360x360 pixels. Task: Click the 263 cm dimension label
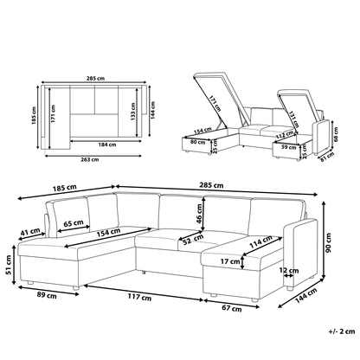click(90, 159)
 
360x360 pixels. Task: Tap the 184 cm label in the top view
click(107, 145)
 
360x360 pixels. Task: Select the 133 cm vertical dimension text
click(132, 112)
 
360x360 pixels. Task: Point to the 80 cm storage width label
click(197, 142)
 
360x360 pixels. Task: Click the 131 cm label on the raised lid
click(294, 119)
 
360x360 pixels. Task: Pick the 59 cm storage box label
click(288, 147)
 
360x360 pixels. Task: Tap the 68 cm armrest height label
click(336, 132)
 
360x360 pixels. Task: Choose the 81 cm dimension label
click(327, 157)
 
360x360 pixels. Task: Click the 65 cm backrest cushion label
click(74, 223)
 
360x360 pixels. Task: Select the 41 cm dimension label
click(30, 231)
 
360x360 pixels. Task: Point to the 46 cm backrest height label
click(199, 214)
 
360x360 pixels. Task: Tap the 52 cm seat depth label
click(193, 240)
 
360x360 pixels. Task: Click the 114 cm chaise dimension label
click(260, 241)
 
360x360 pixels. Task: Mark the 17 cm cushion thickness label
click(230, 261)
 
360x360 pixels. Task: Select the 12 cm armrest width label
click(289, 270)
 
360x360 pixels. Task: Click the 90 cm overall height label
click(328, 242)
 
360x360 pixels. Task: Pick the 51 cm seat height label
click(9, 265)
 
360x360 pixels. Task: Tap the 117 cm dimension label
click(139, 297)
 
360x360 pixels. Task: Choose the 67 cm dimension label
click(232, 308)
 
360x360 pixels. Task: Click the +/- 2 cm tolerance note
click(342, 331)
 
